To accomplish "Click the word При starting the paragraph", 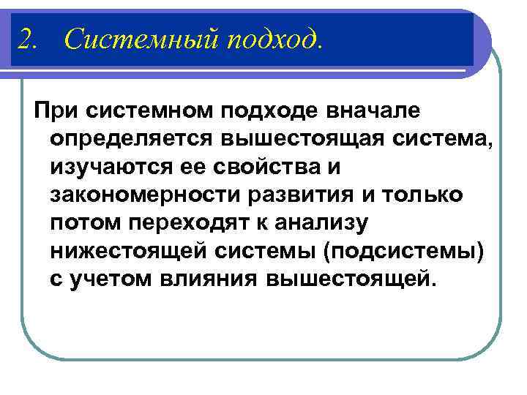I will (x=56, y=111).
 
